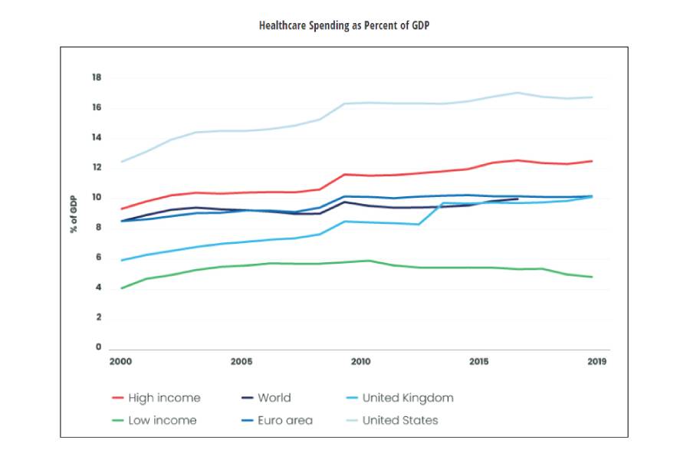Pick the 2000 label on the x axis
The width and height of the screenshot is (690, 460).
(122, 361)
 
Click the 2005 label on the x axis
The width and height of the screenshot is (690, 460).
(242, 361)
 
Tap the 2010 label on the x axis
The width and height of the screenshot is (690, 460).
(360, 361)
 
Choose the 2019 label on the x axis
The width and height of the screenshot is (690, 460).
(596, 361)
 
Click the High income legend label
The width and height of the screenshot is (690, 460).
(164, 398)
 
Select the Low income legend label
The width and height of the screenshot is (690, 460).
(163, 420)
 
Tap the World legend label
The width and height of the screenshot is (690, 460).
(274, 398)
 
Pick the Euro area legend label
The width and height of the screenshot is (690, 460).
(285, 420)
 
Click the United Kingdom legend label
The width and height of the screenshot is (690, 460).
(408, 398)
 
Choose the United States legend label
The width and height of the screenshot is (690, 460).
(400, 420)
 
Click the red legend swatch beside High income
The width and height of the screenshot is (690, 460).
(117, 398)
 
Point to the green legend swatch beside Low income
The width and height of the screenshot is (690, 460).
(117, 420)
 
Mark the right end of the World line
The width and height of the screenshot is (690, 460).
(518, 199)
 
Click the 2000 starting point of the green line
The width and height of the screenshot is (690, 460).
(121, 288)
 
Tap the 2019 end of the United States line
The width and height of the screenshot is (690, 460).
(592, 97)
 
